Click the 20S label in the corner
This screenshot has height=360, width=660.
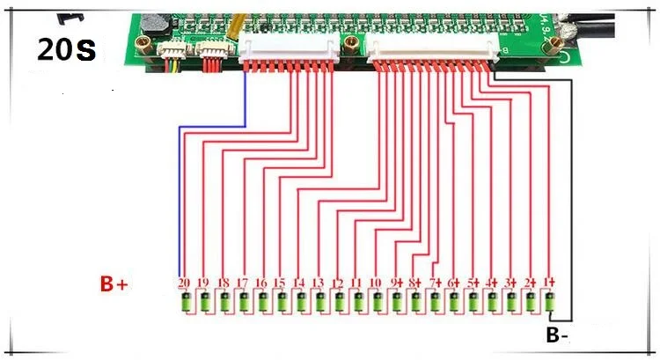66,50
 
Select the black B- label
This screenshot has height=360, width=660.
557,335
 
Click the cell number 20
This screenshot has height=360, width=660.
185,283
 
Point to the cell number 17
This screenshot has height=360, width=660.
242,283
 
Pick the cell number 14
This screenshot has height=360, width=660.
299,283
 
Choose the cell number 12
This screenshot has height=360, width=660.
337,283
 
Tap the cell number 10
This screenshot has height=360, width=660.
376,283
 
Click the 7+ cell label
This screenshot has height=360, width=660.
435,283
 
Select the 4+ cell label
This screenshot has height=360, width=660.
492,283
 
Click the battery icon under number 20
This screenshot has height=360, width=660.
186,304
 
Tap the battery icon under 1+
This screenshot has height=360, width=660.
550,304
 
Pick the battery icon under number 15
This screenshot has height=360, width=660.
282,304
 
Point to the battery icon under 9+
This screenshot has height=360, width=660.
397,304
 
